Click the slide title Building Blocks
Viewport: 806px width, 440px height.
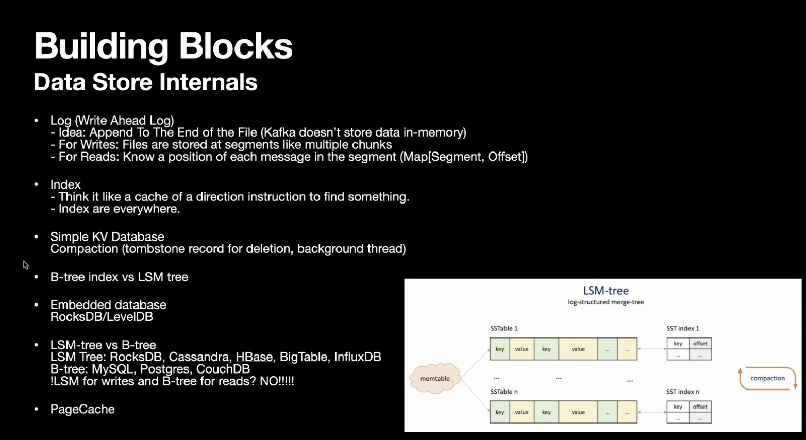click(163, 46)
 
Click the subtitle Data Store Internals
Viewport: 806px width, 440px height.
click(145, 82)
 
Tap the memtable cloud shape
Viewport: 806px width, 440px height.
click(434, 379)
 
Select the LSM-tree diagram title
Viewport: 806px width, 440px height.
click(606, 291)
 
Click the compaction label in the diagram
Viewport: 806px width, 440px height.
click(767, 378)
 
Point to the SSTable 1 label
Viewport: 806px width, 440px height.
click(503, 328)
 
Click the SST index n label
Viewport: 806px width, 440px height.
click(682, 392)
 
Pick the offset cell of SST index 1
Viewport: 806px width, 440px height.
click(700, 344)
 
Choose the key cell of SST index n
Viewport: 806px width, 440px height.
click(678, 407)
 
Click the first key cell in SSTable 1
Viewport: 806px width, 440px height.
click(499, 349)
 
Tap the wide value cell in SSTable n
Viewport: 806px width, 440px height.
click(578, 412)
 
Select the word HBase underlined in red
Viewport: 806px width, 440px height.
click(254, 357)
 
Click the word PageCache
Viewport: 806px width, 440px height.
click(82, 409)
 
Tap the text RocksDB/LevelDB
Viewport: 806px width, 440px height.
click(102, 317)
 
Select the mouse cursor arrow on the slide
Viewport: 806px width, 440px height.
click(26, 265)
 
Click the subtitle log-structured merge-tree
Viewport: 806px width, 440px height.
click(606, 302)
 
